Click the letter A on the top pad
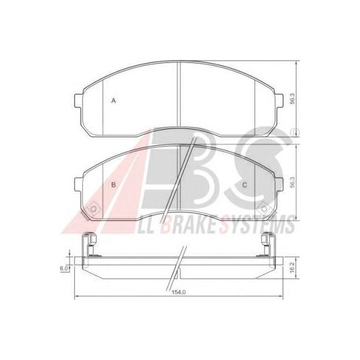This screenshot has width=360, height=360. (113, 101)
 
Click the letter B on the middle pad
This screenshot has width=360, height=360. (113, 185)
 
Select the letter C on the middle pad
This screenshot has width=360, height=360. (245, 185)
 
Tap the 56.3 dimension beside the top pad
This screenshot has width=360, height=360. (292, 99)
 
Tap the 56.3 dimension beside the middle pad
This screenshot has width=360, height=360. (292, 182)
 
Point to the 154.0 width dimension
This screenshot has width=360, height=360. (178, 292)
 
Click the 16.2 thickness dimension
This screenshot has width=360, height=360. (292, 268)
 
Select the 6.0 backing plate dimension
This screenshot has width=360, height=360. (64, 268)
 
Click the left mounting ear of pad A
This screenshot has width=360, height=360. (79, 101)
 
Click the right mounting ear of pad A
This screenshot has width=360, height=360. (279, 101)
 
